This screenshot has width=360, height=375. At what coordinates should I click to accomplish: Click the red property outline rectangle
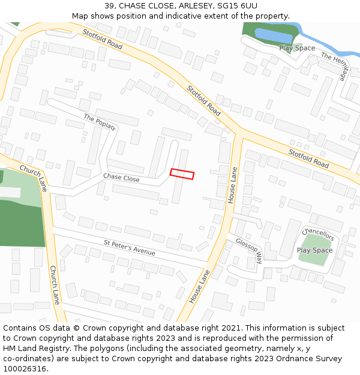click(182, 174)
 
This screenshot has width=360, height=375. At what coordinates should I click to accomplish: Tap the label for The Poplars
click(100, 122)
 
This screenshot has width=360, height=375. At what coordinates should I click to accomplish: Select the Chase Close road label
click(121, 178)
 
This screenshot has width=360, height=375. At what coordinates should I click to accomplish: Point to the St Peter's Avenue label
click(129, 248)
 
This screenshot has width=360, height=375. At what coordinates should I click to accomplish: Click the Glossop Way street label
click(249, 250)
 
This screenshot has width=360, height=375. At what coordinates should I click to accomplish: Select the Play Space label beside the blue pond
click(297, 48)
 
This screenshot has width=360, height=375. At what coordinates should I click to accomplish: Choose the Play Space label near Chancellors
click(314, 250)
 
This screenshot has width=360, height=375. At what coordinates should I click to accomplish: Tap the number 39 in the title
click(109, 5)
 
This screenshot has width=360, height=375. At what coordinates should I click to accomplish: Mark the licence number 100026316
click(25, 369)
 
